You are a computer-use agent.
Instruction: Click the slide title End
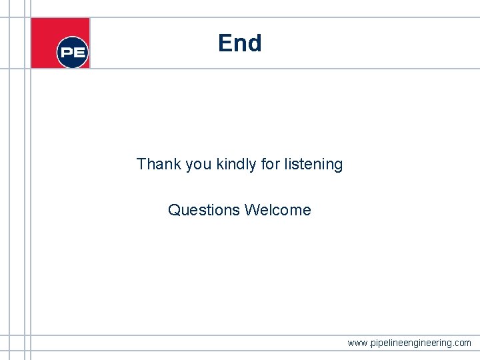239,43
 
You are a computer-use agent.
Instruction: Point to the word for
270,164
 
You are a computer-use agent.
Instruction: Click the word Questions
204,210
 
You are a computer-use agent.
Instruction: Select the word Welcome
278,210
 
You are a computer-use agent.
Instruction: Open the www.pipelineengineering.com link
409,343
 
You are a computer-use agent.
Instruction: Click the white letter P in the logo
67,53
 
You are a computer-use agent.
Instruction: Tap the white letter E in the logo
80,53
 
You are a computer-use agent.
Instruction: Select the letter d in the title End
254,43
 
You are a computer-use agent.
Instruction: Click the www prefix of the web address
357,343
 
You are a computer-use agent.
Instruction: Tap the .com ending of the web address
461,343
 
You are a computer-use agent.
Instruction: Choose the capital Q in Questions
174,210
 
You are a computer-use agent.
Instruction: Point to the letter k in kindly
221,164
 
